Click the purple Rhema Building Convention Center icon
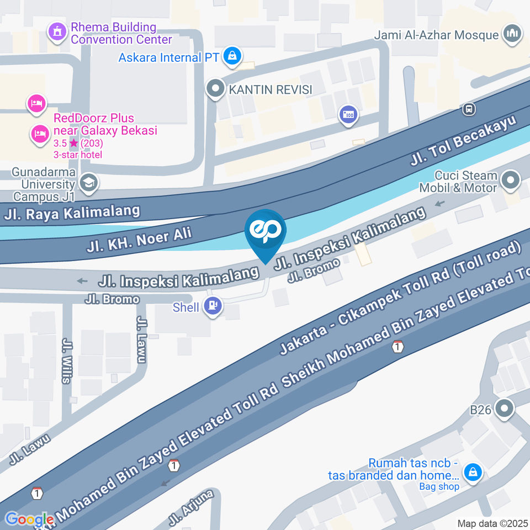coord(56,33)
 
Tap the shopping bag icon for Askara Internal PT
coord(234,56)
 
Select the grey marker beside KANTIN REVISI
coord(215,88)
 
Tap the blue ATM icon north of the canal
coord(348,115)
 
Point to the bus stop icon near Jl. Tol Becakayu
coord(469,109)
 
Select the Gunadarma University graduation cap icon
coord(87,183)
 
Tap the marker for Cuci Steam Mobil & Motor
coord(511,180)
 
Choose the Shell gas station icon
coord(213,306)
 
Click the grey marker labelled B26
coord(504,409)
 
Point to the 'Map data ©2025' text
coord(493,523)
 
